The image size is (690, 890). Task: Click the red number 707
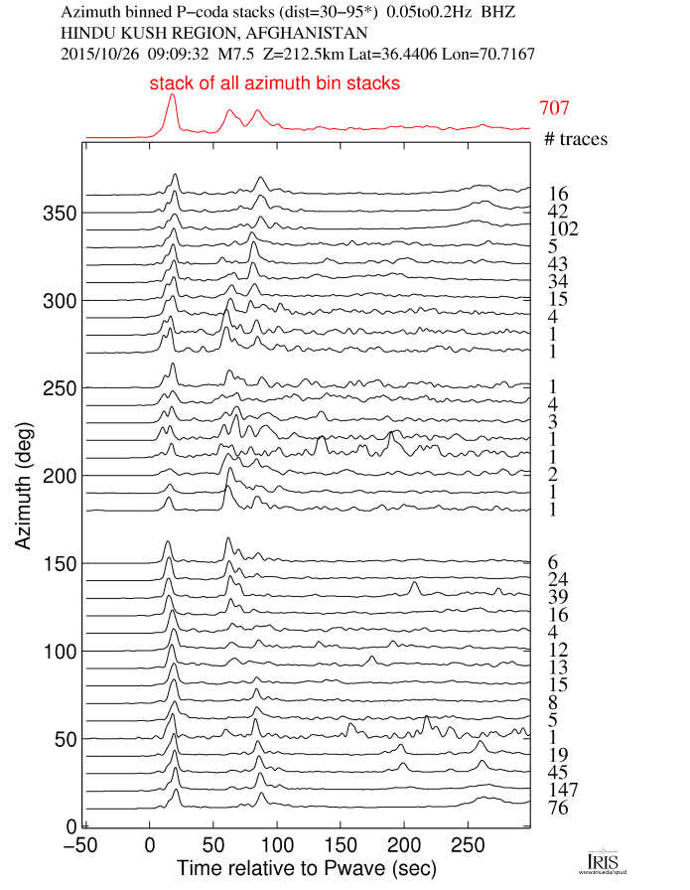(554, 108)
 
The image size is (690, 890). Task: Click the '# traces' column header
(576, 140)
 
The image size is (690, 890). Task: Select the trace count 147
(562, 791)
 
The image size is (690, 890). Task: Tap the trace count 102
(562, 228)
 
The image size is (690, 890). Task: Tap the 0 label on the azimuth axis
(69, 826)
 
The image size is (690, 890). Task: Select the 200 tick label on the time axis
(403, 844)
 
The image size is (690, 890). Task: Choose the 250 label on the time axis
(467, 844)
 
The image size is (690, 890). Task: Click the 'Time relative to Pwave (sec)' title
(306, 869)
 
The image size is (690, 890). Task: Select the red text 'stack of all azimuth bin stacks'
(275, 84)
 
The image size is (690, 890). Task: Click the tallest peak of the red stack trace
(173, 96)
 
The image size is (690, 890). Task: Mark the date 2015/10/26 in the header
(99, 52)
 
